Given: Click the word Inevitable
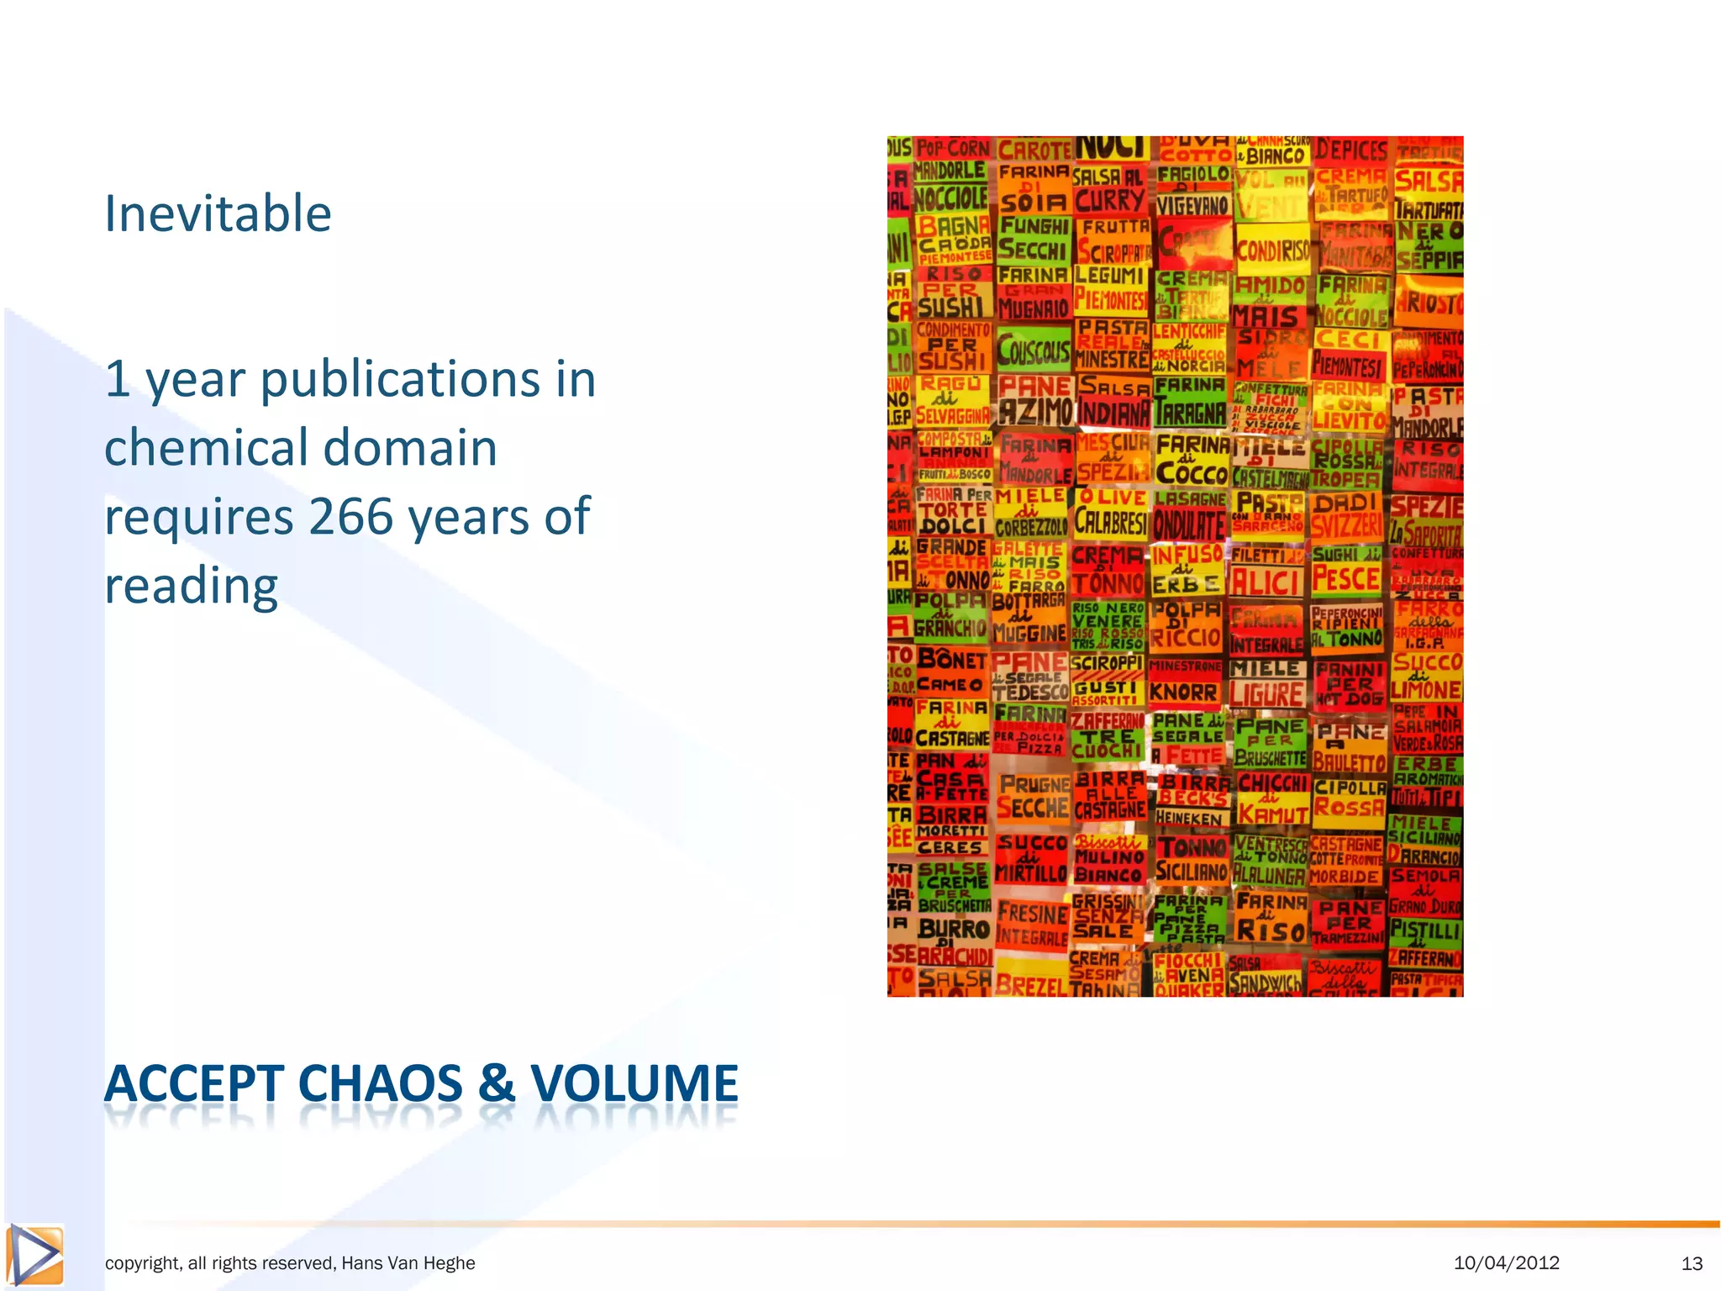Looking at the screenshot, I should [218, 213].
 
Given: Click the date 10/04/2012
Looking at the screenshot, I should [1506, 1262].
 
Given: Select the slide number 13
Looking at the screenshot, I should [1692, 1263].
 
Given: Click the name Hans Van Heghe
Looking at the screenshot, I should [408, 1263].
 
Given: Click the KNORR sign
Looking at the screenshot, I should [1183, 692].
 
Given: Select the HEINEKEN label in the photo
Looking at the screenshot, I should [1188, 818].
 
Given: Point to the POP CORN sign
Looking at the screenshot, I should [953, 149].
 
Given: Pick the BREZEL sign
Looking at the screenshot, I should [1030, 984].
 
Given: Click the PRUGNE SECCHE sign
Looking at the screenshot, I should [1033, 797].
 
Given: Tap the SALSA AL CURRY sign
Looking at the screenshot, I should [1109, 189].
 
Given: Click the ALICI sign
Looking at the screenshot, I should [1266, 581].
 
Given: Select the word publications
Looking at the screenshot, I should [399, 379].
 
